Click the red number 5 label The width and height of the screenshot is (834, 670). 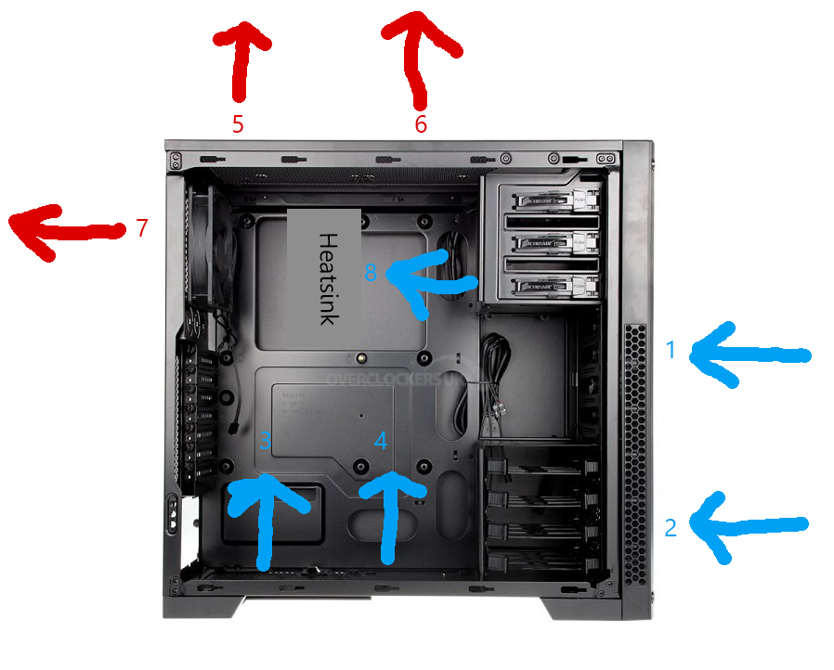point(238,124)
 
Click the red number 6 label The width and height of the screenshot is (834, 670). point(421,124)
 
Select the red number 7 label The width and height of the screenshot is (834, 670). point(141,227)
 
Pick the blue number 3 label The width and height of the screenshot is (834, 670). point(265,441)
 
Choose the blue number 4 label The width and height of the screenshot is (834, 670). point(380,441)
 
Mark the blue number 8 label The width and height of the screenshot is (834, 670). point(371,273)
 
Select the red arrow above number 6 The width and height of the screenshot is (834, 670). point(419,51)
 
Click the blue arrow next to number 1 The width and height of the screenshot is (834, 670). point(748,354)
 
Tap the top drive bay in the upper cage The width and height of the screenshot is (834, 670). point(549,200)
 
